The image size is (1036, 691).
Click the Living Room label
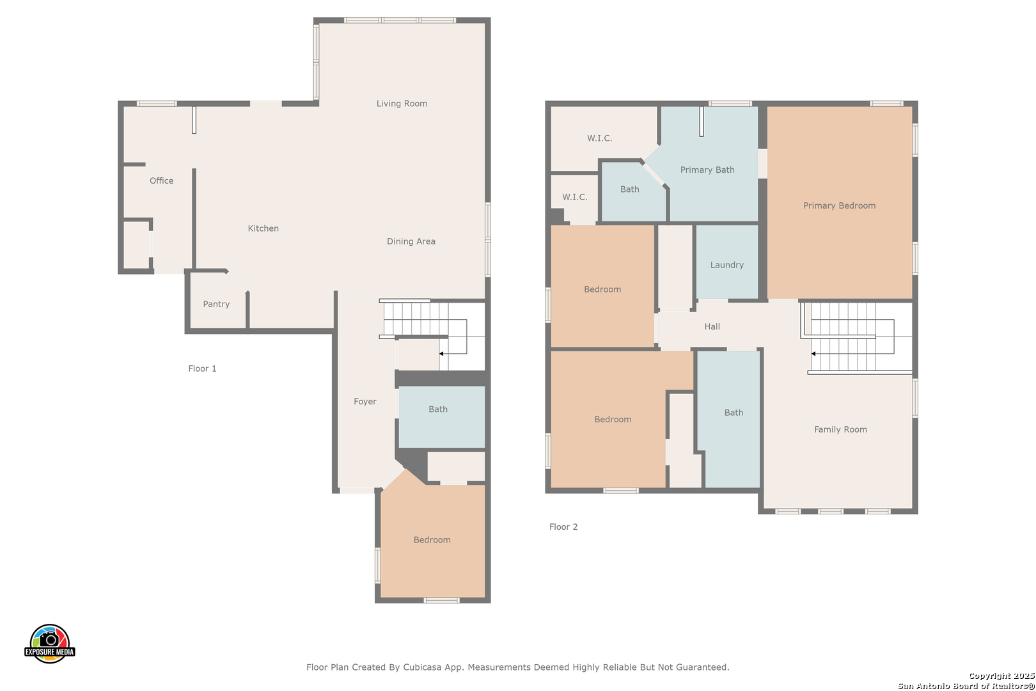click(x=402, y=104)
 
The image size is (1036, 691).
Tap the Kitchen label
click(x=263, y=228)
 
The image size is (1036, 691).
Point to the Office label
click(x=161, y=180)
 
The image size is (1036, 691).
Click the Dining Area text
click(x=411, y=241)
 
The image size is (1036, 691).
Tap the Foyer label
click(x=365, y=401)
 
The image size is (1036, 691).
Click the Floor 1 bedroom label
click(x=432, y=539)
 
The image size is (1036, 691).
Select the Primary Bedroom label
click(x=839, y=205)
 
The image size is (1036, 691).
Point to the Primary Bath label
click(x=707, y=170)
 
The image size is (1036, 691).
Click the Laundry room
click(x=727, y=262)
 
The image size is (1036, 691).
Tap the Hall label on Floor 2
click(x=712, y=326)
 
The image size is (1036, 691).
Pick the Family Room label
click(x=840, y=429)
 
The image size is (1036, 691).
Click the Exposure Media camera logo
click(x=49, y=643)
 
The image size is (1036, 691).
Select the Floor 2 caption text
click(x=563, y=527)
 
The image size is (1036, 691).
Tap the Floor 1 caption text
click(x=202, y=369)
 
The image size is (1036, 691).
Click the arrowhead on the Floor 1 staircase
click(x=441, y=354)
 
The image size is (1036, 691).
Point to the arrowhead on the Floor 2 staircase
click(x=813, y=354)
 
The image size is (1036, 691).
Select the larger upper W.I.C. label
click(x=599, y=138)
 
